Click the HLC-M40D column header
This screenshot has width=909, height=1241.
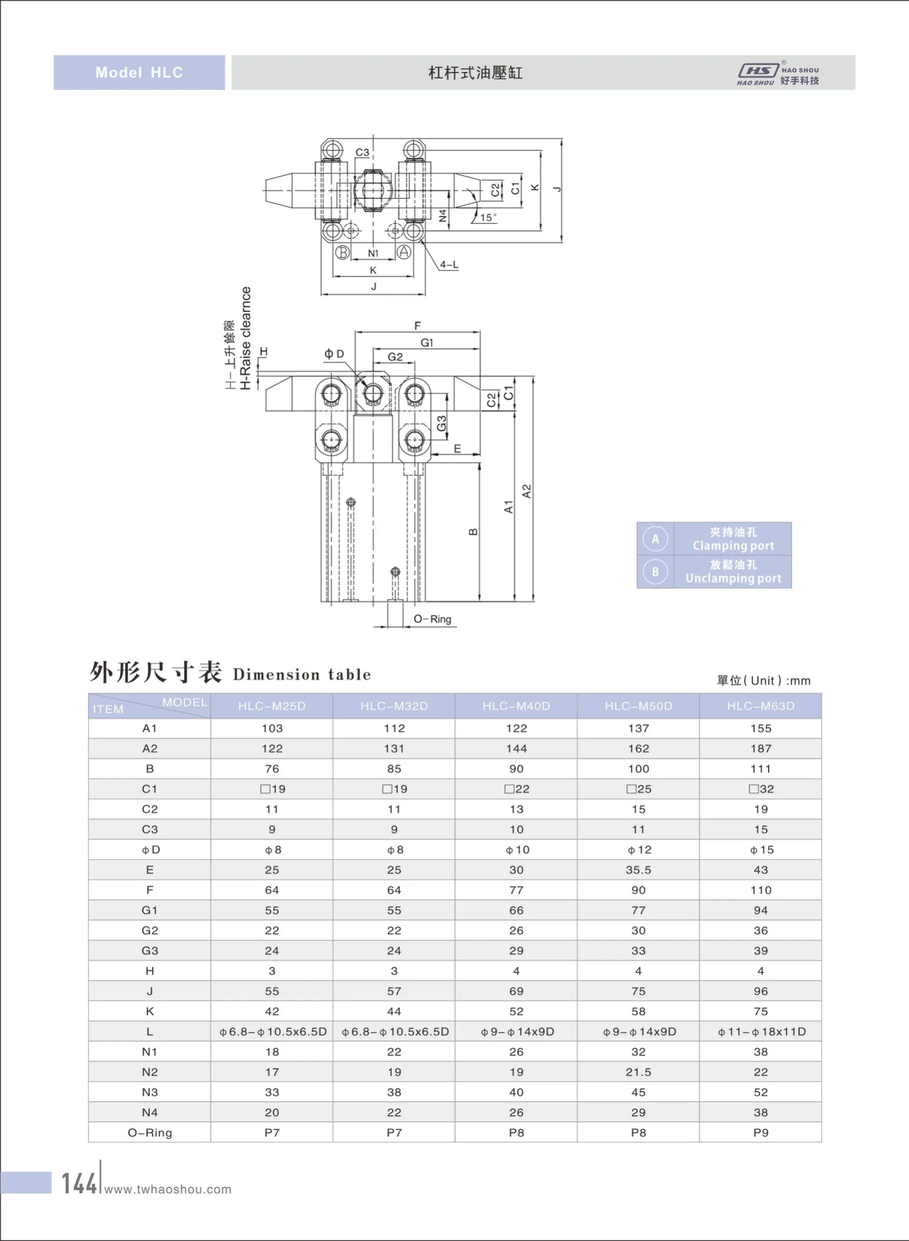[516, 706]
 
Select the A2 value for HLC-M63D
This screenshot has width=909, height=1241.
[760, 748]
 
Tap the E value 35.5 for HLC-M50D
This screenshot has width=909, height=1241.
[638, 870]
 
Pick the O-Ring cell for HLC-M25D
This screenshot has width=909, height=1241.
[272, 1133]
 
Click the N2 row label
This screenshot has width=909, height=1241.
[150, 1071]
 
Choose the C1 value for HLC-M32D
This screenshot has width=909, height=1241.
[394, 789]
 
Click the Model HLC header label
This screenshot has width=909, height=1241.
[139, 73]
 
